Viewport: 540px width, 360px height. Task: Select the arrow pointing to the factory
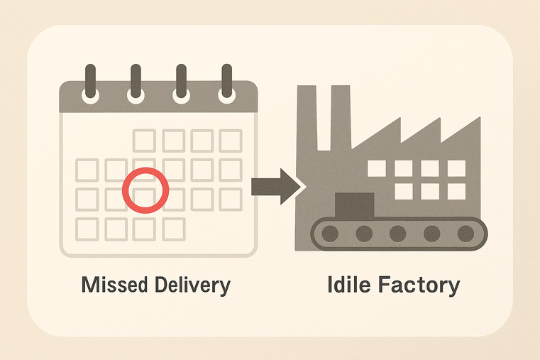pyautogui.click(x=276, y=186)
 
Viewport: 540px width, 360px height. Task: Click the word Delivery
pyautogui.click(x=192, y=285)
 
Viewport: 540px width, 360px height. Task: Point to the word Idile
pyautogui.click(x=351, y=285)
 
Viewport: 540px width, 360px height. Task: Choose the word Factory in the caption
pyautogui.click(x=425, y=285)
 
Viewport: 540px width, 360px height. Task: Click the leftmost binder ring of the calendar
pyautogui.click(x=90, y=84)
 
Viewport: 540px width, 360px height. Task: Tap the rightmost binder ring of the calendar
pyautogui.click(x=226, y=84)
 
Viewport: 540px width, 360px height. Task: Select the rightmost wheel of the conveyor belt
pyautogui.click(x=465, y=233)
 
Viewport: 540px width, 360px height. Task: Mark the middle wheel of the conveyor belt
pyautogui.click(x=397, y=233)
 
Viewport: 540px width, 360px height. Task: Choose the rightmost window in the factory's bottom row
pyautogui.click(x=456, y=191)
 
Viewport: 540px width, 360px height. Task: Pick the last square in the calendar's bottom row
pyautogui.click(x=174, y=229)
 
